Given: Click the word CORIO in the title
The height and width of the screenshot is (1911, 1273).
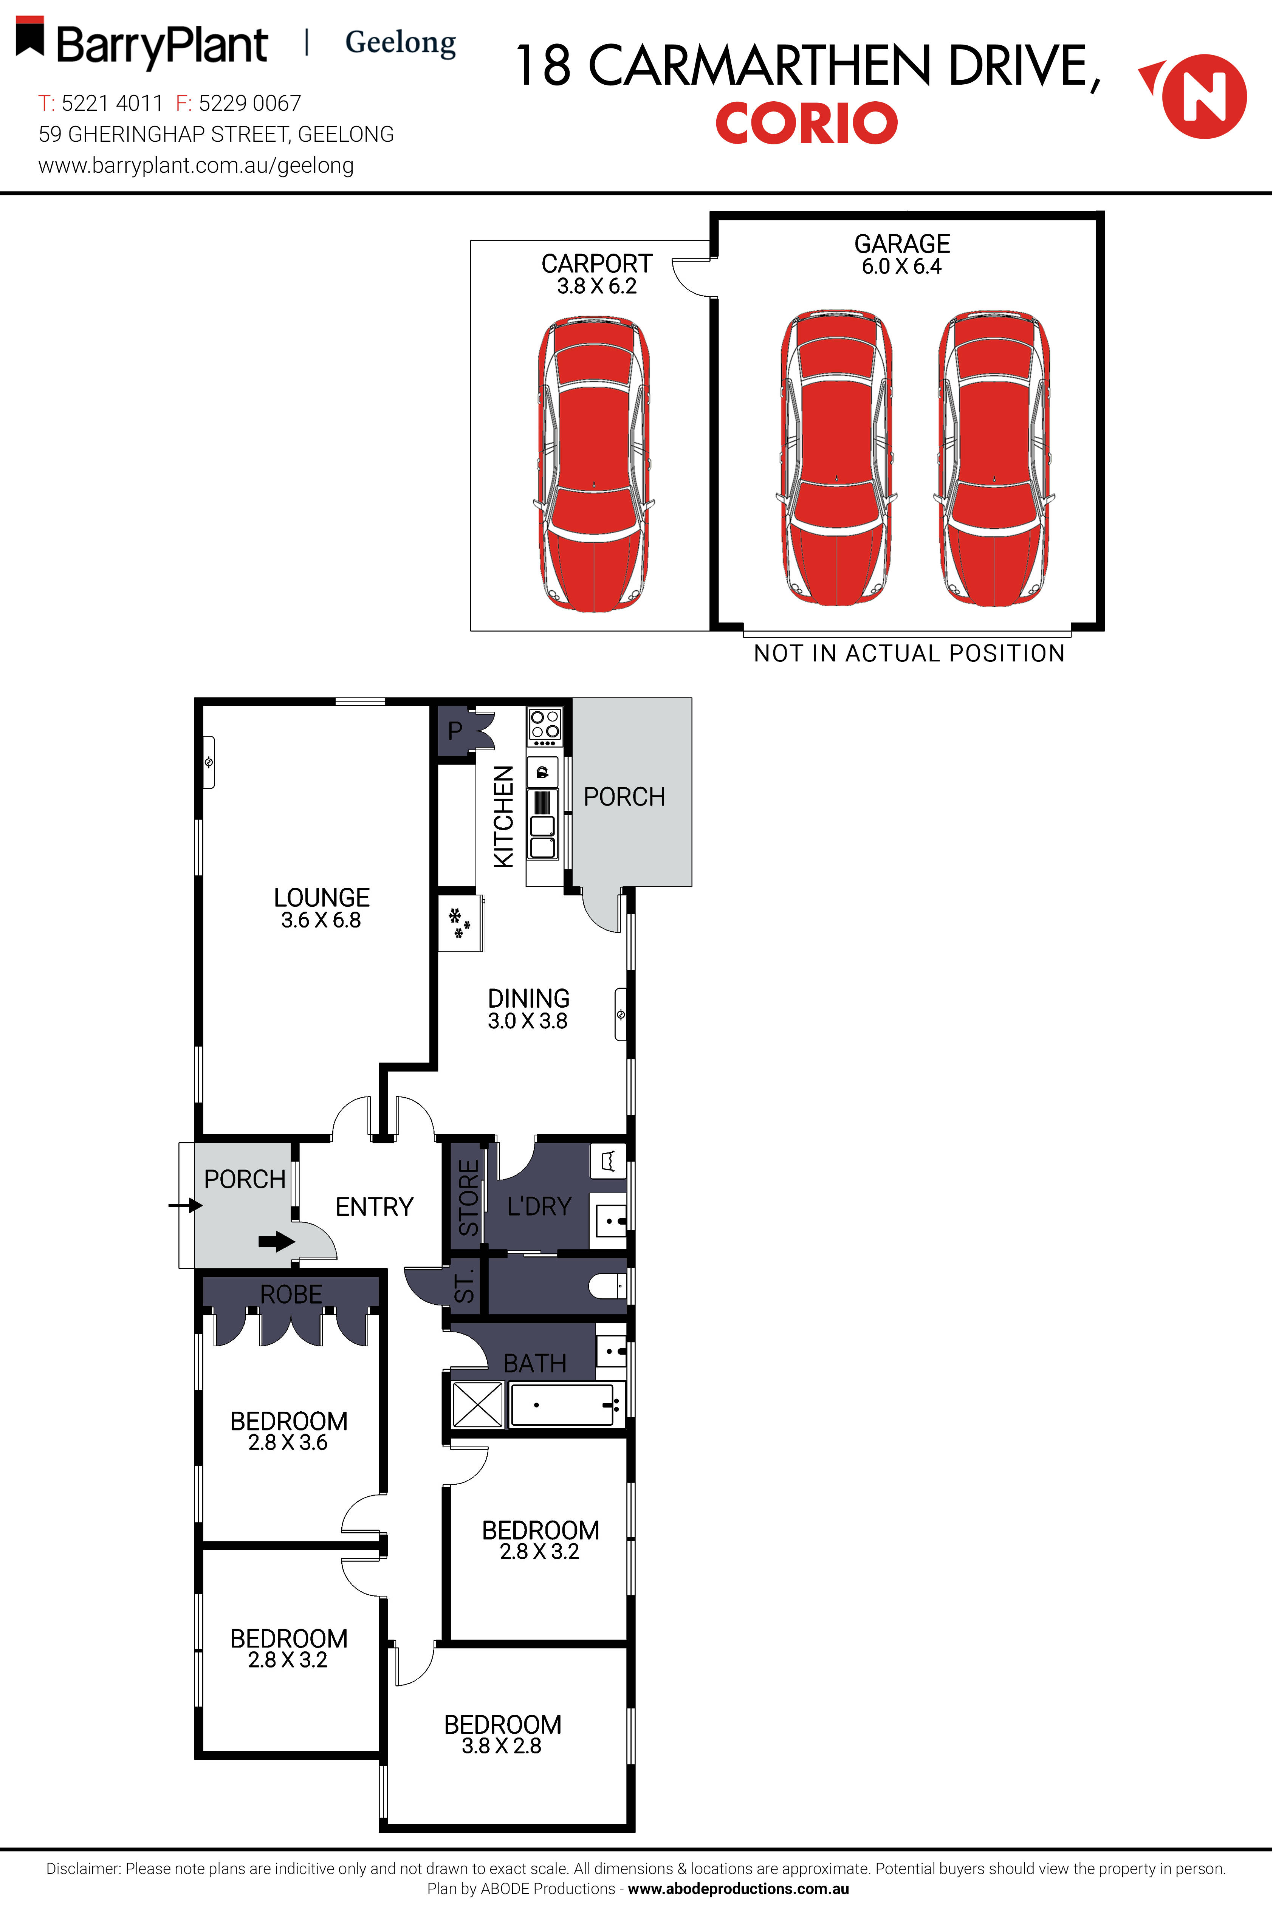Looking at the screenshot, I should [806, 123].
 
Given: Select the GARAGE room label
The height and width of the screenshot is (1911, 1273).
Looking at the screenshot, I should [901, 243].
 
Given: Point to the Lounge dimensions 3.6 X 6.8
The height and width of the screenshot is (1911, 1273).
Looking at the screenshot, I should [321, 920].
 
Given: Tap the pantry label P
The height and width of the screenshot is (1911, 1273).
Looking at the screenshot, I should [455, 731].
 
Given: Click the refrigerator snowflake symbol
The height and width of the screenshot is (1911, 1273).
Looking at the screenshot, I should [459, 923].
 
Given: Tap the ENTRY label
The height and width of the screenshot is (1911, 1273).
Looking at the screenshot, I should [374, 1207].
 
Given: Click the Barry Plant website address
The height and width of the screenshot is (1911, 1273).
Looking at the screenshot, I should [196, 166].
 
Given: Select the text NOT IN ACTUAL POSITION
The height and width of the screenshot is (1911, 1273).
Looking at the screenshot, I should [909, 654].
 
